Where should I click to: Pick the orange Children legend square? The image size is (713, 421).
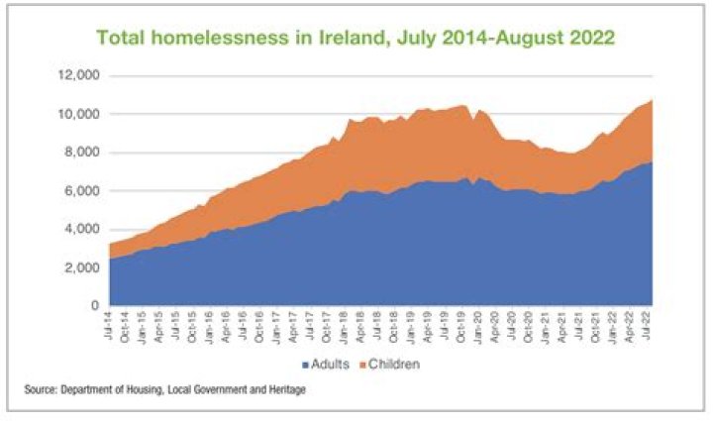[362, 365]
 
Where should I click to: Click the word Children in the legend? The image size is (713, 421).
[394, 365]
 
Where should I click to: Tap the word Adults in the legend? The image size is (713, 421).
[331, 365]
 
